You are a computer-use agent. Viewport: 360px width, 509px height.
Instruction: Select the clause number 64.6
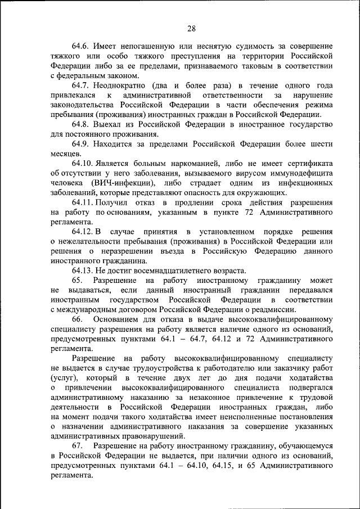click(82, 46)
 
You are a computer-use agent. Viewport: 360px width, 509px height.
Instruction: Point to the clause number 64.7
click(82, 85)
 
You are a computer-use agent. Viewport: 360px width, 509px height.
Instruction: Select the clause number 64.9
click(82, 143)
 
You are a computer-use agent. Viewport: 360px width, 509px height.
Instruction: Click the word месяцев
click(65, 154)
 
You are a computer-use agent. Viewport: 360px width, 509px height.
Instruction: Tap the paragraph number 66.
click(77, 319)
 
